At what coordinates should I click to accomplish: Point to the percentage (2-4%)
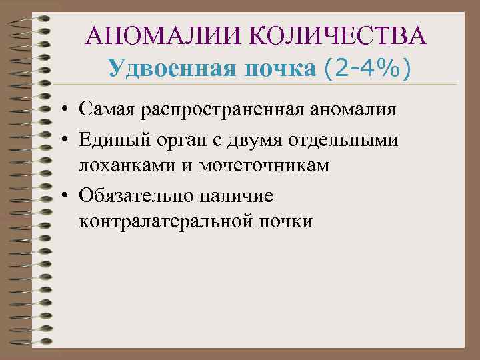(x=368, y=68)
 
